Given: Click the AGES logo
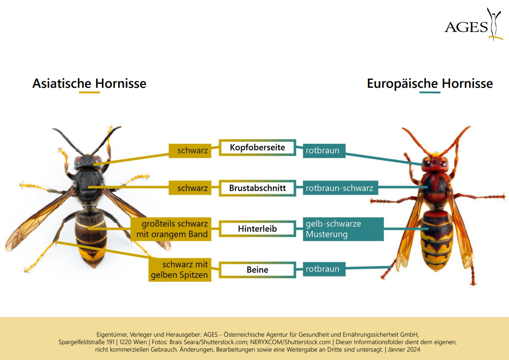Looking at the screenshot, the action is coord(474,25).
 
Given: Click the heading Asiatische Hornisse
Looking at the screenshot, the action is coord(89,84).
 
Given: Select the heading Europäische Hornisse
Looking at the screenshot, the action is coord(430,84).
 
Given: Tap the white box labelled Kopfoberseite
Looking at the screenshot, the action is coord(257,148).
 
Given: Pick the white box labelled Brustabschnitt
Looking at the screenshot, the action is coord(257,188).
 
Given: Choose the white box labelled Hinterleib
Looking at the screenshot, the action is coord(257,228).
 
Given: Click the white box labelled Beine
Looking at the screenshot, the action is coord(257,269).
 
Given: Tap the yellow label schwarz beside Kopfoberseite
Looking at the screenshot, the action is coord(190,151).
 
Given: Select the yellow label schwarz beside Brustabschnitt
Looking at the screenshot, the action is coord(190,188).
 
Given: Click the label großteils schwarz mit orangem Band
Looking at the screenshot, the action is coord(171,229).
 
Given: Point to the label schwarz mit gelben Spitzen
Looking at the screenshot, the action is coord(180,269).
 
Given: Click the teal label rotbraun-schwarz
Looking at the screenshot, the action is coord(340,188).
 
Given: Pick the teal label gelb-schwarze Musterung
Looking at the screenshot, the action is coord(343,229).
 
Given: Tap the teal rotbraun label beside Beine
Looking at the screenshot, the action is coord(324,269).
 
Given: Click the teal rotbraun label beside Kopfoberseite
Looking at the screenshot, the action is coord(324,151).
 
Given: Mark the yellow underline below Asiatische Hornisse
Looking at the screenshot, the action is coord(89,92).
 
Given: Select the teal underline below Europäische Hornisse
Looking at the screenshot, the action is coord(430,92).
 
